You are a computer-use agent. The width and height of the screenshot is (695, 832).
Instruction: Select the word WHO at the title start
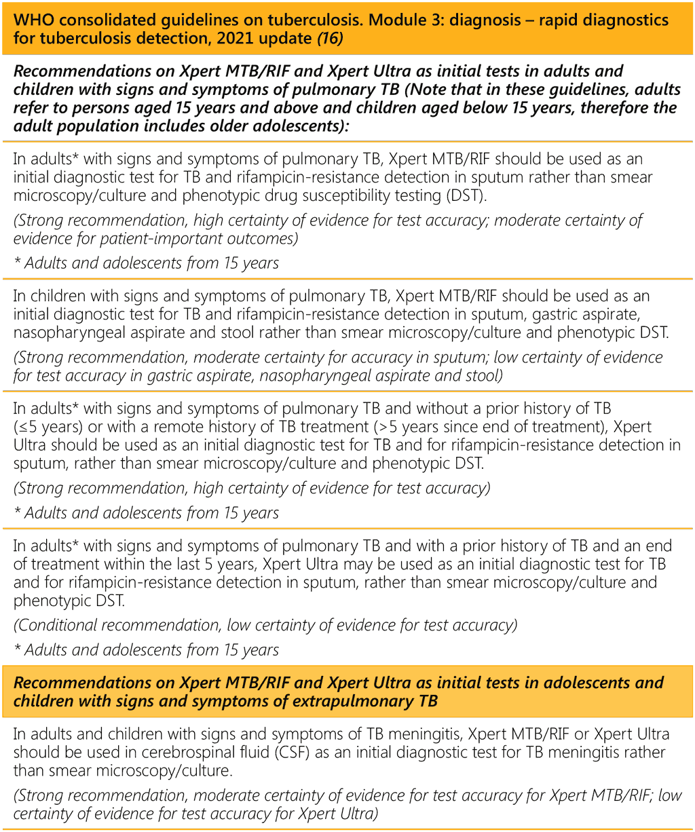31,19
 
